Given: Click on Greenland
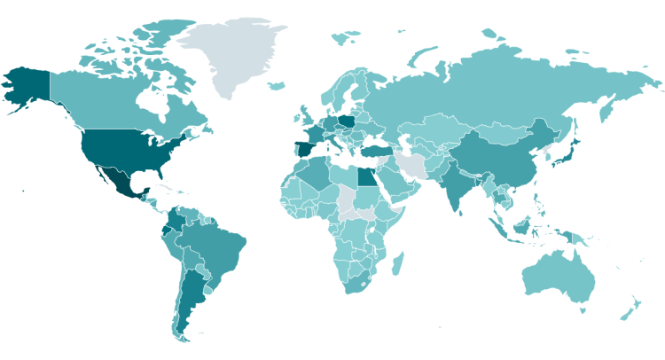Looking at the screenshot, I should click(x=235, y=53).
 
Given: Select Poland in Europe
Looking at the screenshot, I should click(x=347, y=119).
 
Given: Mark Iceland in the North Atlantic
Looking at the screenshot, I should click(x=276, y=86).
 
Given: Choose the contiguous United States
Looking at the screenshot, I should click(x=124, y=146).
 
